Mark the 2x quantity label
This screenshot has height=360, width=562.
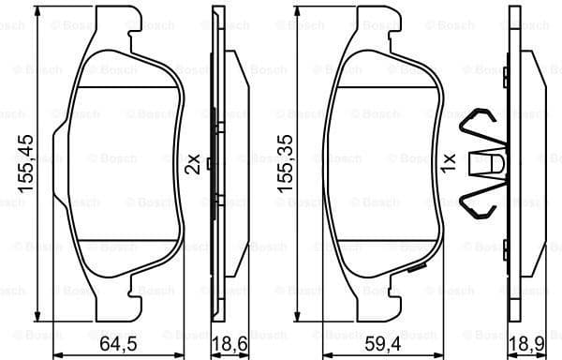(193, 165)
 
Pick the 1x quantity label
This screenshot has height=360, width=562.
(448, 165)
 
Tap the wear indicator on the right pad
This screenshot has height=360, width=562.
(412, 271)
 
